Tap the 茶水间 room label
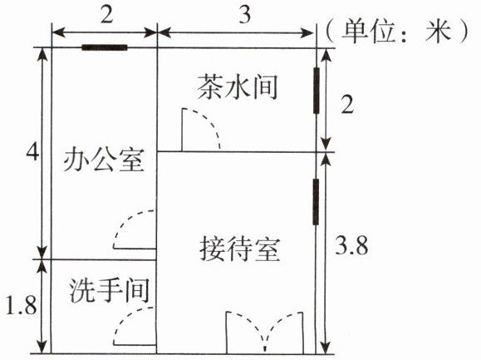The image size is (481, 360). [x=238, y=86]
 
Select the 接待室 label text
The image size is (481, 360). [x=240, y=249]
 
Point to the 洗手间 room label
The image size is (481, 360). [x=109, y=290]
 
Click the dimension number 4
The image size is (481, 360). [x=32, y=152]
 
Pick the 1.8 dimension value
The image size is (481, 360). [x=22, y=305]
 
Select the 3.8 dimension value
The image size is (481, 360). [x=351, y=246]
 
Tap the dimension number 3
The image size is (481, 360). [x=245, y=14]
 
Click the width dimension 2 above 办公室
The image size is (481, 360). [x=106, y=14]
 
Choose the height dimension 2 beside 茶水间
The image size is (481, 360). [x=347, y=106]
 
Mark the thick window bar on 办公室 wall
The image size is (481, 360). [x=105, y=47]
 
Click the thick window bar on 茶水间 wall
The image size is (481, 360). [x=317, y=91]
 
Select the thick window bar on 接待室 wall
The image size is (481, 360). [x=316, y=202]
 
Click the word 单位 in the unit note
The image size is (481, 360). [x=368, y=31]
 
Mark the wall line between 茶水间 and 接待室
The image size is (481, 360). [x=237, y=151]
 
